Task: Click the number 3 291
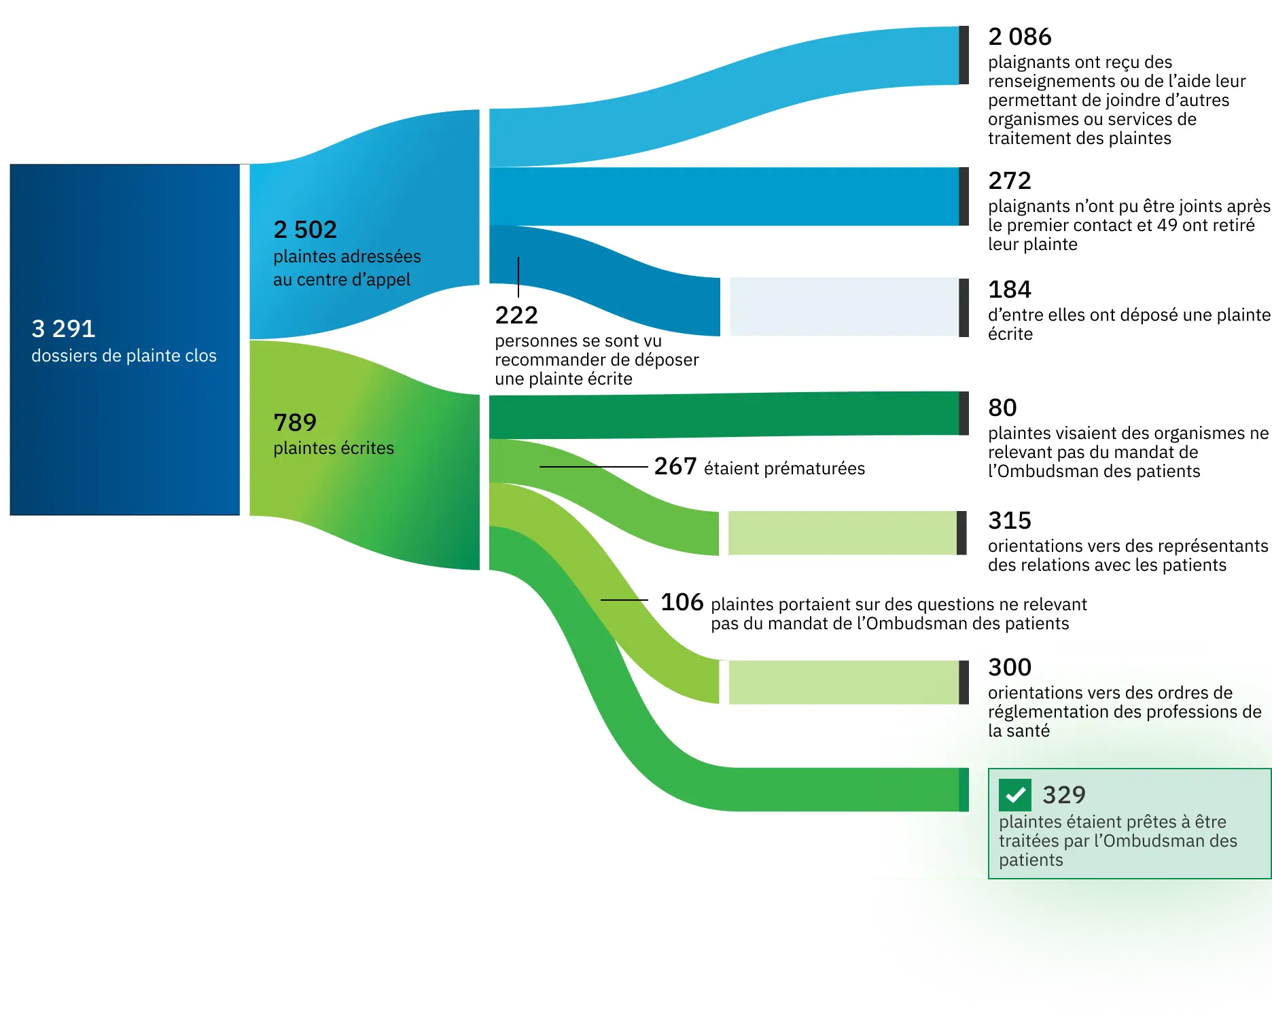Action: pos(63,329)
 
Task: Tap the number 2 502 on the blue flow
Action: pos(305,230)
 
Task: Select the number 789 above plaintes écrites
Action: pos(295,423)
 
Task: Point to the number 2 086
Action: pos(1019,37)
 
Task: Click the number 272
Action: pos(1010,181)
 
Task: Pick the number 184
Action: pos(1010,289)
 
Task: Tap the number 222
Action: pos(516,315)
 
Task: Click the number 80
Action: pos(1002,408)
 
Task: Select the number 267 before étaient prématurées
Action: pos(675,466)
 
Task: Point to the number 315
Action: pos(1010,521)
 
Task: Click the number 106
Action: pos(682,602)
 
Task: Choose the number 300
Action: pos(1010,667)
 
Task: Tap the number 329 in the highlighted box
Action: pos(1064,795)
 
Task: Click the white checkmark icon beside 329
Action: pos(1015,795)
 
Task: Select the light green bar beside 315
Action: pos(842,533)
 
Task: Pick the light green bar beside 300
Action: pos(843,682)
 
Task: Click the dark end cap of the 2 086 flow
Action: pos(964,55)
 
